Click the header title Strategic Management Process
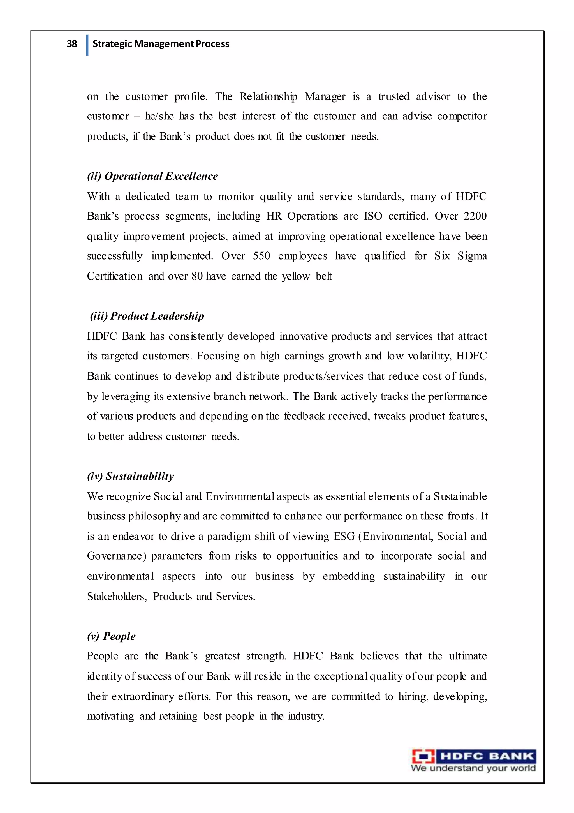pos(161,44)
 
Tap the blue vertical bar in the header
pos(87,45)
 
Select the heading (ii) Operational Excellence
pos(152,176)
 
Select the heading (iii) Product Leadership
pos(147,316)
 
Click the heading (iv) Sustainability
pos(130,476)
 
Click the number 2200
pos(475,216)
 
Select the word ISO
pos(373,216)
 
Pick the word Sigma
pos(472,256)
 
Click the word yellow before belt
pos(296,276)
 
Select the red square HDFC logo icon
pos(423,756)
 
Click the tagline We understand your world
pos(473,768)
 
